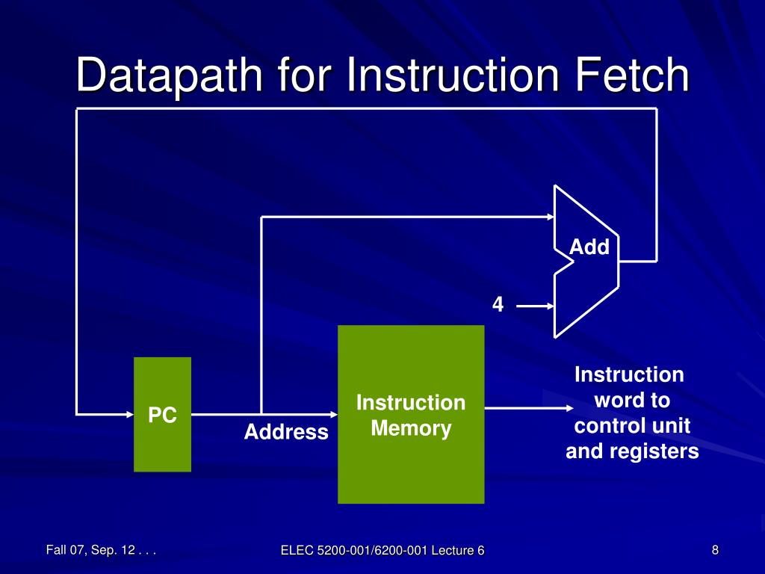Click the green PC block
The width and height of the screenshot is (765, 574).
[x=162, y=414]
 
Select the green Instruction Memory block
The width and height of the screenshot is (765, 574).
[x=411, y=414]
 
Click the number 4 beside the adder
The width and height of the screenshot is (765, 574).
[x=498, y=305]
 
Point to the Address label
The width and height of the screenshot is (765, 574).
[x=286, y=432]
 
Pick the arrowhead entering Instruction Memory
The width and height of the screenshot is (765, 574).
[x=331, y=413]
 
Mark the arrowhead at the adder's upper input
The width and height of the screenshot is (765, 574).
[x=547, y=217]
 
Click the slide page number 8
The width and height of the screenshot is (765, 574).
[x=715, y=551]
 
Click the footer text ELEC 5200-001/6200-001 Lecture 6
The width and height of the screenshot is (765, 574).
[x=382, y=551]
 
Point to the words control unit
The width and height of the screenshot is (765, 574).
[x=632, y=426]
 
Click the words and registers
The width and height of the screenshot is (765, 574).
[x=632, y=451]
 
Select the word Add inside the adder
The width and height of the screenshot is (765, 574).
[x=589, y=247]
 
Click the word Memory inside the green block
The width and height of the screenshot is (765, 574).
[x=411, y=429]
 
